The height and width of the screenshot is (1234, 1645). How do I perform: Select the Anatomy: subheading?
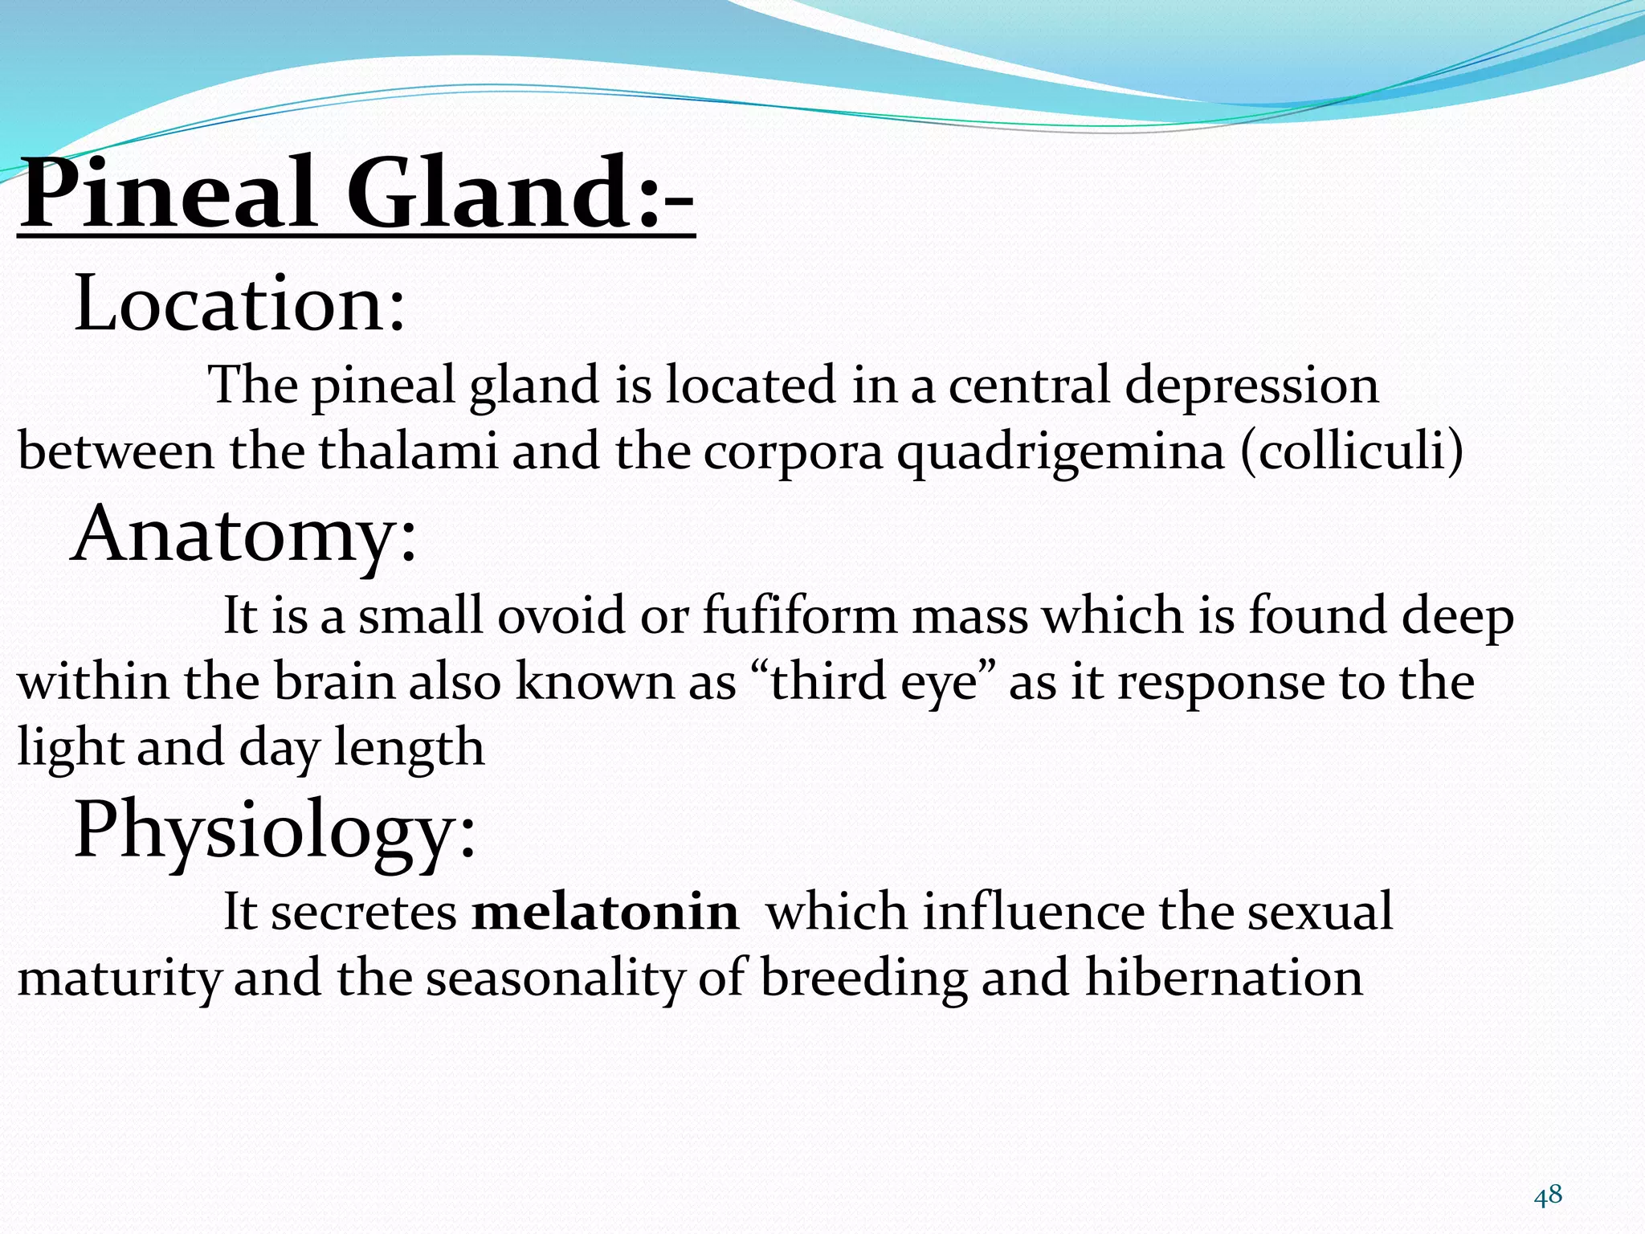(245, 534)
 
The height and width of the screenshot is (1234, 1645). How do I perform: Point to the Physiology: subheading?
(275, 830)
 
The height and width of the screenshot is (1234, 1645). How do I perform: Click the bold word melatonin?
(605, 912)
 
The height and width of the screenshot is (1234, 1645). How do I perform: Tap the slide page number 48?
(1548, 1195)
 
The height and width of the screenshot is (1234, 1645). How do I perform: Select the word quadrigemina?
(1061, 452)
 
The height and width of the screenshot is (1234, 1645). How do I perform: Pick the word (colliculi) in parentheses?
(1352, 451)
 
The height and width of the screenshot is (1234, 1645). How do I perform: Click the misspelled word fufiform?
(799, 616)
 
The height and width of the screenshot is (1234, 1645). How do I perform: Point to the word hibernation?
(1224, 978)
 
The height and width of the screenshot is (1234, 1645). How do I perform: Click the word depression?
(1251, 386)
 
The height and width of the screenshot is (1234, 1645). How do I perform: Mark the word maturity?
(119, 979)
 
